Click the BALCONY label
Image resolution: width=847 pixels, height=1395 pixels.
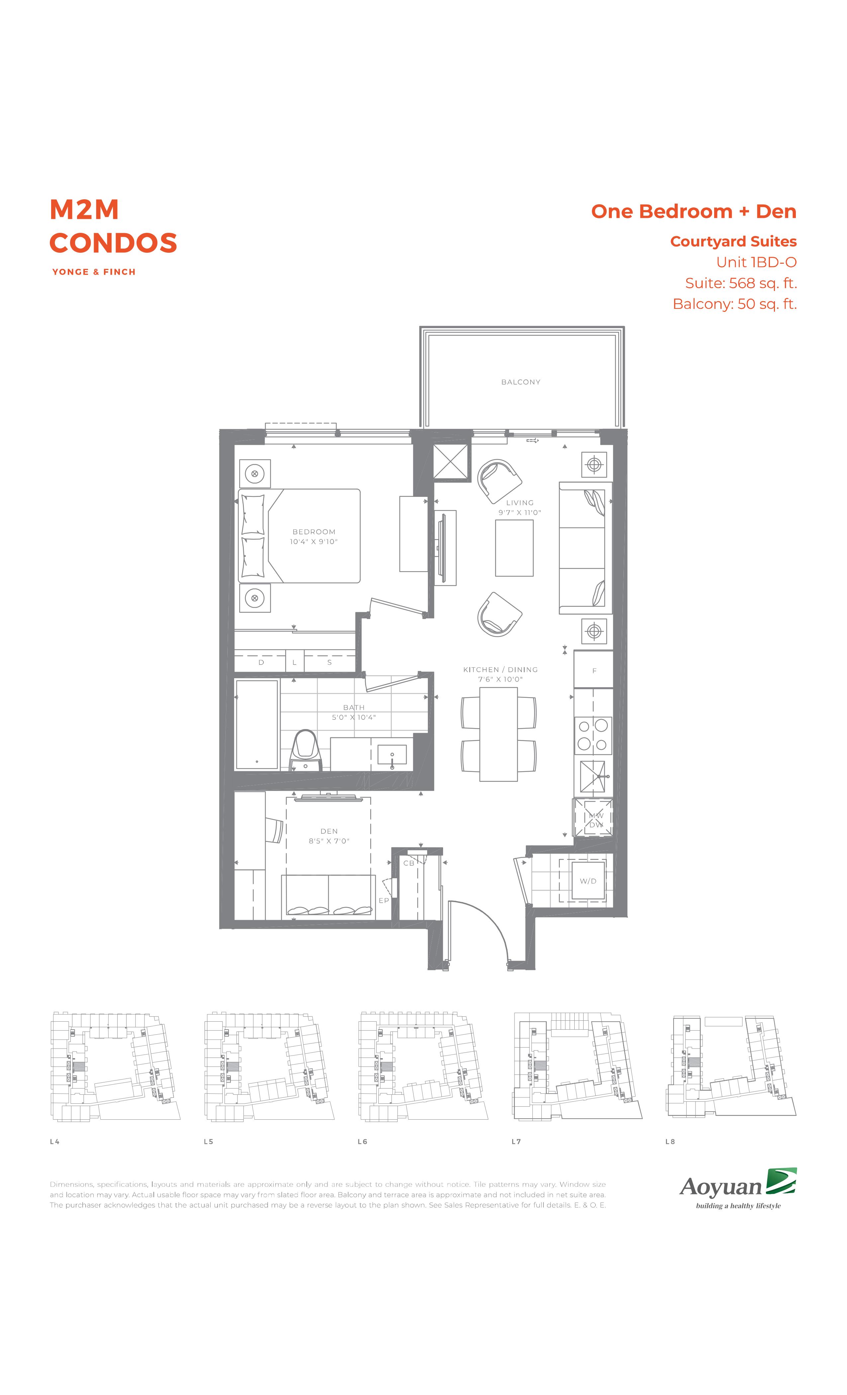pos(520,382)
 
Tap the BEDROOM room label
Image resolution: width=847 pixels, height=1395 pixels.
pos(314,532)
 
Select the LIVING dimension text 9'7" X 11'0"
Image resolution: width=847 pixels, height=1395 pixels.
pos(520,512)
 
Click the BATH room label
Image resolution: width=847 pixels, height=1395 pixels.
pos(354,707)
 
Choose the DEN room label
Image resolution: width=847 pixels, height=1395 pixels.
pos(329,831)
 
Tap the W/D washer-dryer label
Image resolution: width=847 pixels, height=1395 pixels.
pos(588,881)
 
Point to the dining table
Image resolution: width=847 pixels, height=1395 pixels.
pos(498,734)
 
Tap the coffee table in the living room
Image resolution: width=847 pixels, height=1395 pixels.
pos(514,548)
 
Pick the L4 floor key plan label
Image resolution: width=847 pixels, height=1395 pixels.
pos(54,1141)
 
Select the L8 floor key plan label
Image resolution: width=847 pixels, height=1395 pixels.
pos(670,1141)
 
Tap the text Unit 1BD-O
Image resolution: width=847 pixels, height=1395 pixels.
pos(756,262)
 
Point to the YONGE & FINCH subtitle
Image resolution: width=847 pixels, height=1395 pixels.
pos(94,272)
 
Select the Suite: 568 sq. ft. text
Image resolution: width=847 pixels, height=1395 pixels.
pos(741,283)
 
